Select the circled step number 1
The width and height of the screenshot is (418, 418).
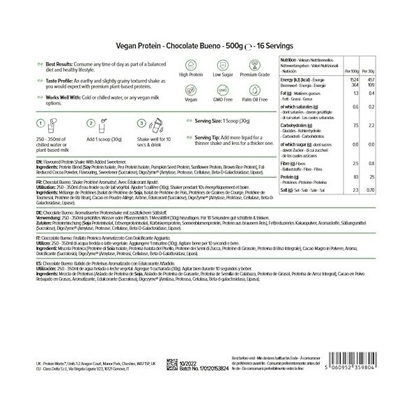[x=29, y=123]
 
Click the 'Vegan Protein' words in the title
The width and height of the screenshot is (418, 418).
[x=134, y=43]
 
